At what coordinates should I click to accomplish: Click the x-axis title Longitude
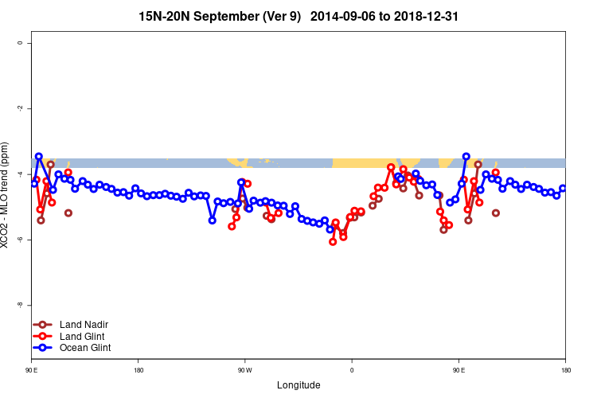[298, 385]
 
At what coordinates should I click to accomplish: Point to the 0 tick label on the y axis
[20, 43]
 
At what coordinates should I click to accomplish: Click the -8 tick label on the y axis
[20, 305]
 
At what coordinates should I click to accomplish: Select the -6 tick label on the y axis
[20, 240]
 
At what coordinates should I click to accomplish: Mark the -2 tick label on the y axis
[20, 108]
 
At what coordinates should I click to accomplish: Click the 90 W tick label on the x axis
[244, 370]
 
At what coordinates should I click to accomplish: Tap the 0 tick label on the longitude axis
[351, 370]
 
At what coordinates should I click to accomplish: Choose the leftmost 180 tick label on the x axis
[139, 370]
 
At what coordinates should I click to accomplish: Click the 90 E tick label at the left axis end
[32, 370]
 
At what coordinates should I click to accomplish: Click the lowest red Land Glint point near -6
[333, 241]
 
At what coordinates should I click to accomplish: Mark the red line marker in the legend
[44, 336]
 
